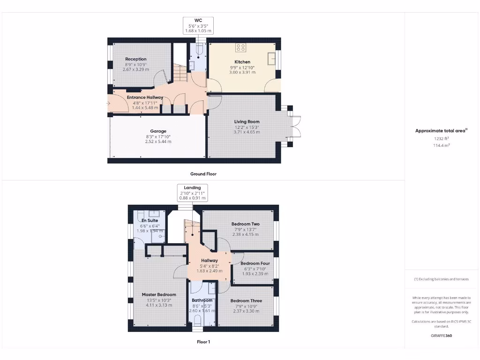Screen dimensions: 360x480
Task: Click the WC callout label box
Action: point(198,25)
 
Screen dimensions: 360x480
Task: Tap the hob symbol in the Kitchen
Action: point(240,47)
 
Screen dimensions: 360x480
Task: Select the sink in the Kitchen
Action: point(271,58)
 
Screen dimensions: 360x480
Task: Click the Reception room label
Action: point(135,59)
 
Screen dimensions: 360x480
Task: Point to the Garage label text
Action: point(158,131)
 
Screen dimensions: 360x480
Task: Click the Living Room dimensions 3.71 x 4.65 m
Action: point(247,132)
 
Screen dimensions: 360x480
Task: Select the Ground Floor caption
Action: point(203,174)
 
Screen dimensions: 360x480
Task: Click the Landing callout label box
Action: point(192,193)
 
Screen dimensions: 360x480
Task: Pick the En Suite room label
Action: point(150,220)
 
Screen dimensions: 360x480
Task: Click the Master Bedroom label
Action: point(159,295)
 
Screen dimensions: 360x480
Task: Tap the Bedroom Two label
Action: point(245,224)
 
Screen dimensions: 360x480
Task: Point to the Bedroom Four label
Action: point(255,263)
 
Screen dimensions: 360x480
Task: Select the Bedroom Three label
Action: point(246,300)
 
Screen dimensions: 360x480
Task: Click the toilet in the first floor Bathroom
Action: point(197,320)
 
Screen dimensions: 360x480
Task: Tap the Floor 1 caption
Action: point(203,342)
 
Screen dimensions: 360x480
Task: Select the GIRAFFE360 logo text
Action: point(441,336)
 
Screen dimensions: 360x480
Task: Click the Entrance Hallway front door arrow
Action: point(109,103)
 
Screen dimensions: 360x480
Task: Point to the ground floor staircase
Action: point(180,73)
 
